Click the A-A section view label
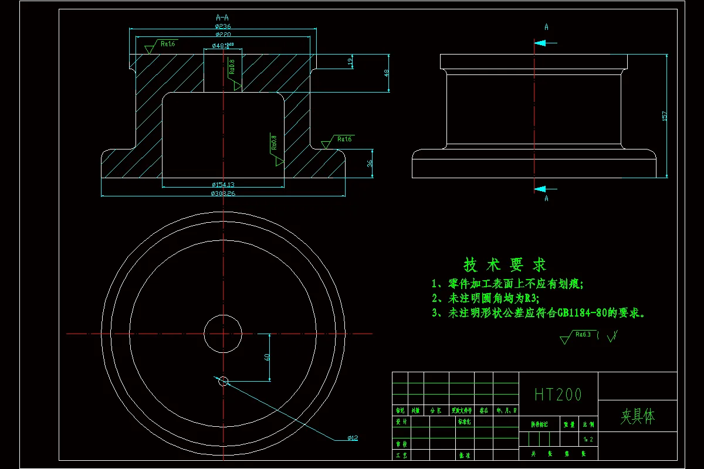point(222,18)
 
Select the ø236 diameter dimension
point(222,26)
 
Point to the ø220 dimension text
point(222,35)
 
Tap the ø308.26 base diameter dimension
point(223,193)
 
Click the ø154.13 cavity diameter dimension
point(223,185)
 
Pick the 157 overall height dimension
point(664,115)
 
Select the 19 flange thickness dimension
point(350,61)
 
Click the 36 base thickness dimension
point(370,164)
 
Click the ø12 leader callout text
point(353,438)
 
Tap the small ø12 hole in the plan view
point(223,382)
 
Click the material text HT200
point(558,395)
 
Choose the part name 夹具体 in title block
point(637,417)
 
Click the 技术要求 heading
point(505,265)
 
